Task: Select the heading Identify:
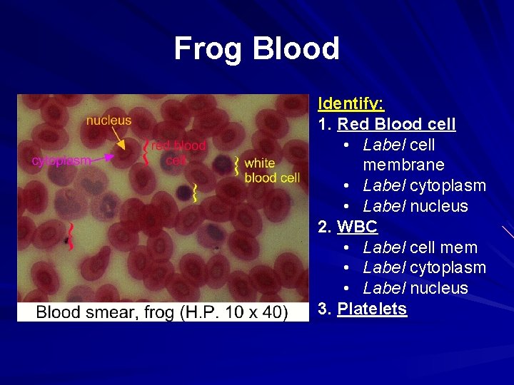(x=351, y=104)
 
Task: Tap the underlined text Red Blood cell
(x=396, y=124)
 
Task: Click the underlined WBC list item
(x=357, y=227)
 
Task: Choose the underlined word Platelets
(x=372, y=309)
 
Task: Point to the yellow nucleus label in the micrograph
(x=109, y=120)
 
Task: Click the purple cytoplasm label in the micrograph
(x=61, y=160)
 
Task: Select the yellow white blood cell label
(x=271, y=170)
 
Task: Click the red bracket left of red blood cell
(x=146, y=151)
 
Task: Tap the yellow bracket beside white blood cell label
(x=236, y=167)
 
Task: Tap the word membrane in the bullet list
(x=403, y=165)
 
